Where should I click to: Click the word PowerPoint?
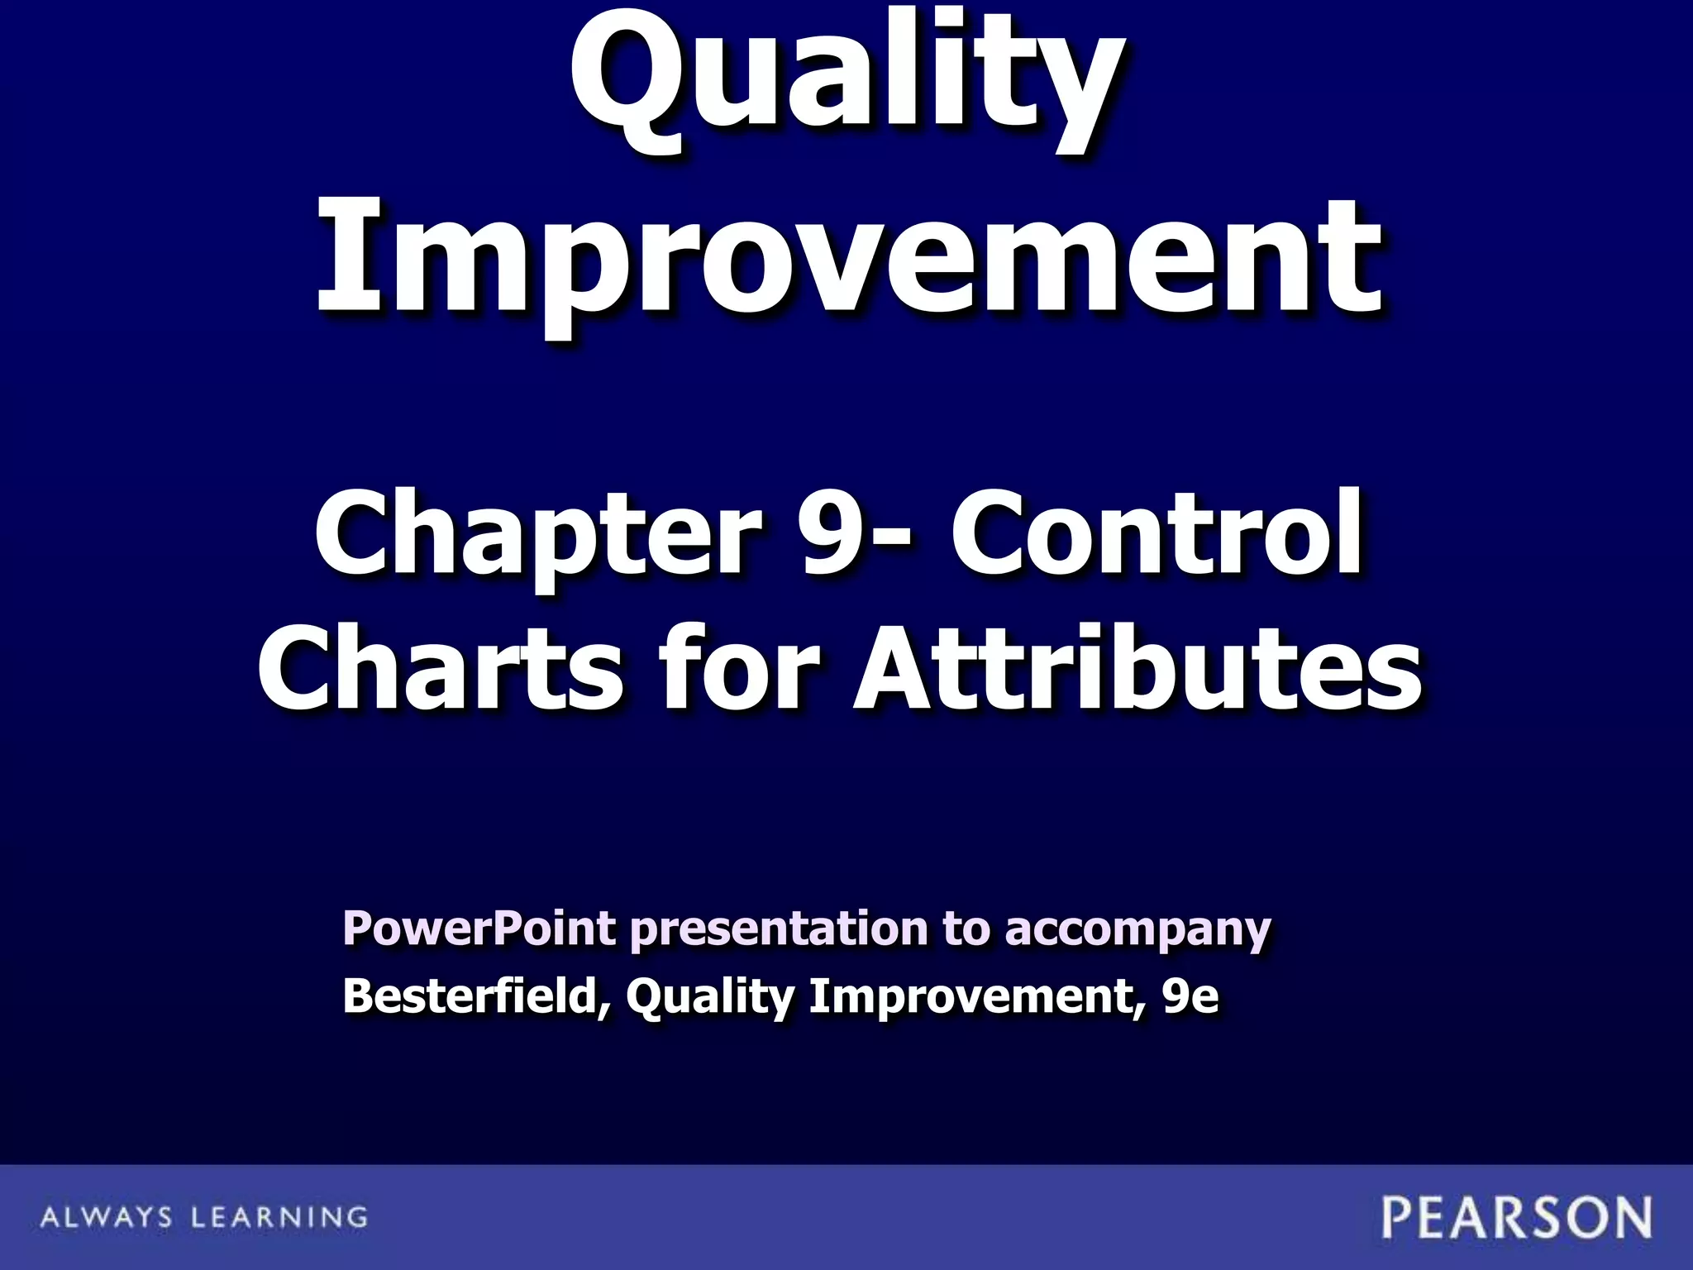(x=479, y=929)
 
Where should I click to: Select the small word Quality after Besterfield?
(x=709, y=997)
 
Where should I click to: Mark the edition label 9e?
(x=1189, y=997)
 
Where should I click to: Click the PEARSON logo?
(x=1517, y=1217)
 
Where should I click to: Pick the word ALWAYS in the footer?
(x=106, y=1217)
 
